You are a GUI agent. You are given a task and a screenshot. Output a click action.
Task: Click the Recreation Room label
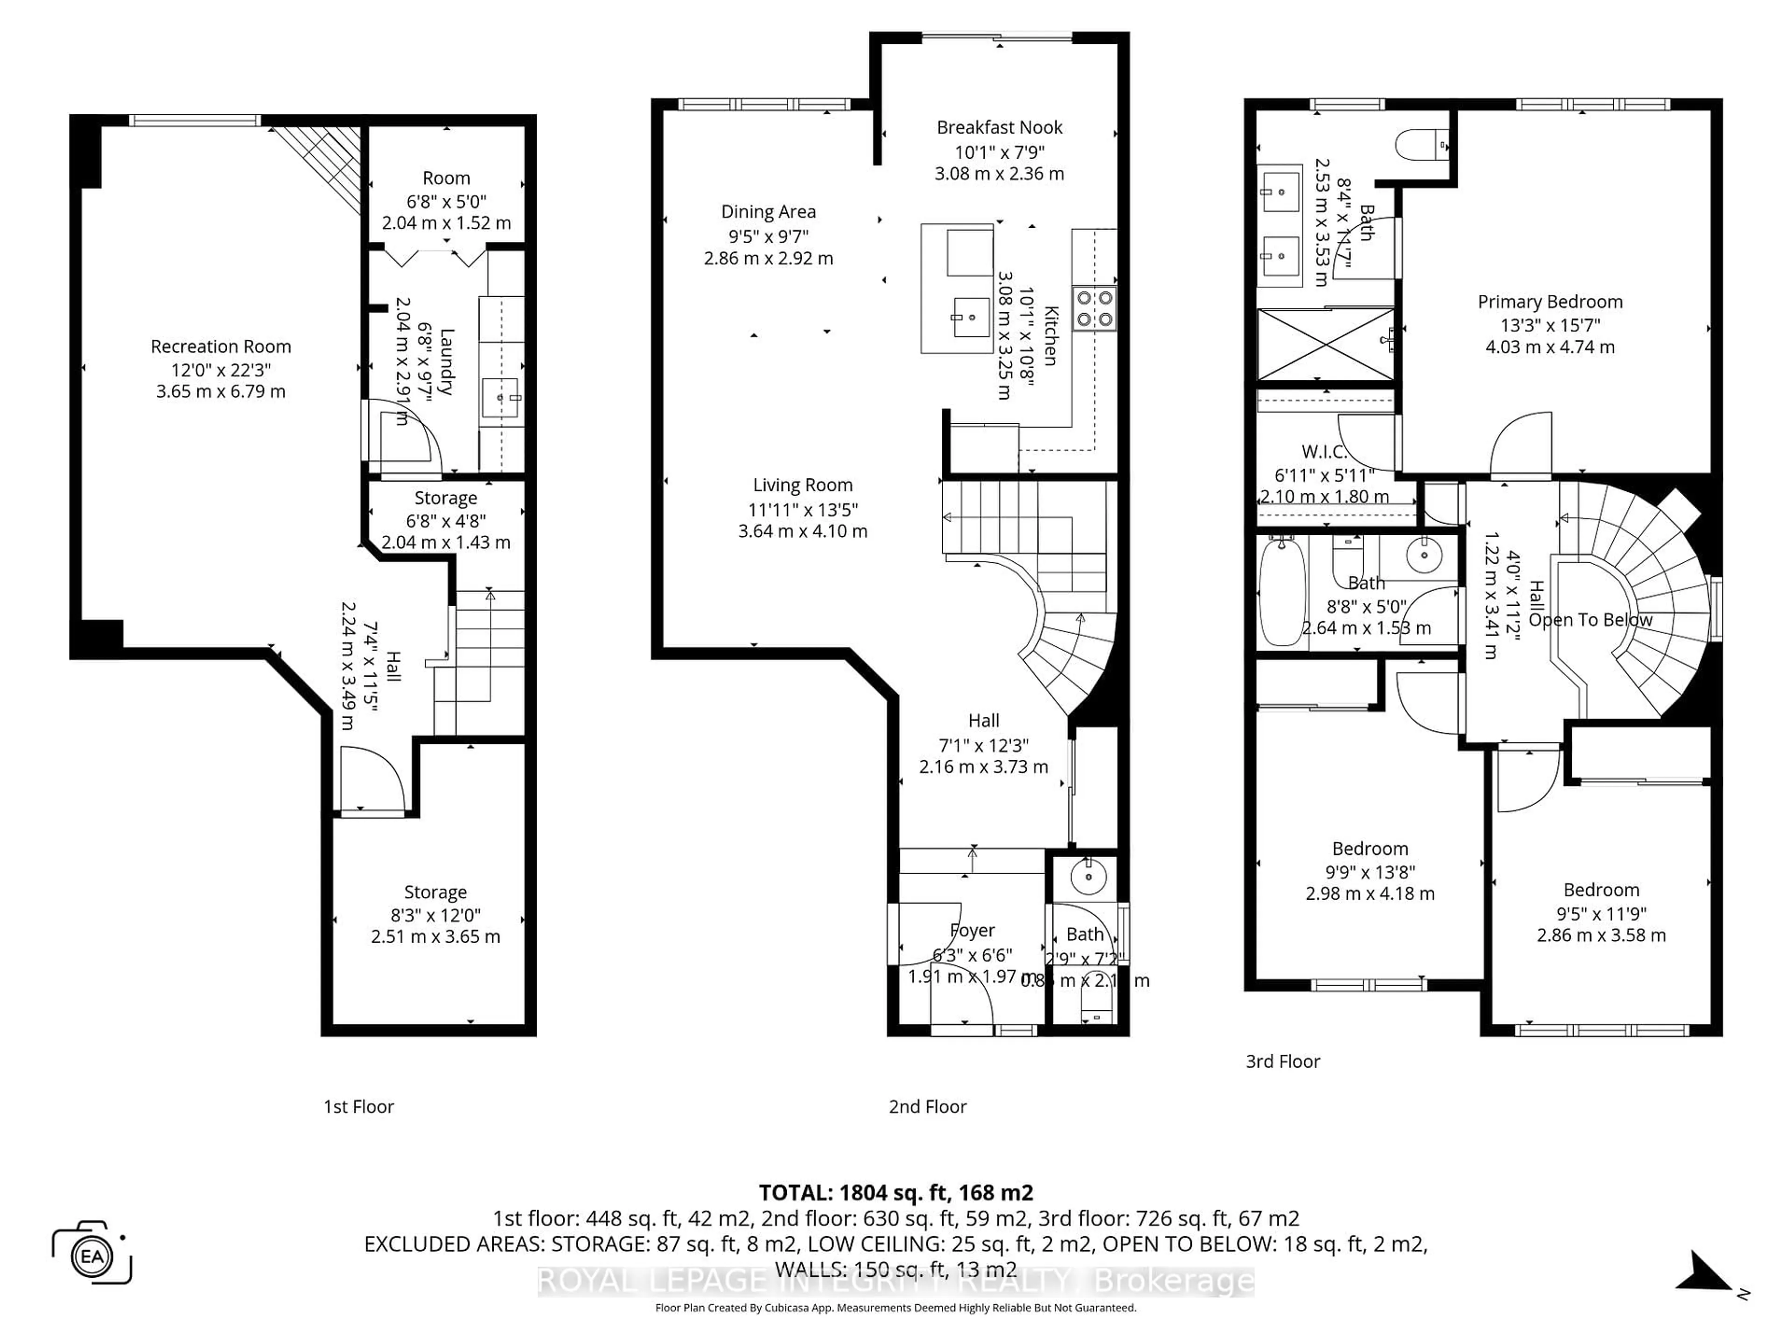[220, 347]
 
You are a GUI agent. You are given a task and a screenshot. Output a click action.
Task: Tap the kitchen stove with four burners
[1094, 308]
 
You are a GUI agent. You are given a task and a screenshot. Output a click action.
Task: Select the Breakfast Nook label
[999, 127]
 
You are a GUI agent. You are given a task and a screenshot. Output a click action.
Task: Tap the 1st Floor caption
[358, 1106]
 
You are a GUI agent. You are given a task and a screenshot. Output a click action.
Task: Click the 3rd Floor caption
[1282, 1061]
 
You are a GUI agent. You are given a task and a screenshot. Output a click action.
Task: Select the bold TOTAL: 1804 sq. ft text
[895, 1192]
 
